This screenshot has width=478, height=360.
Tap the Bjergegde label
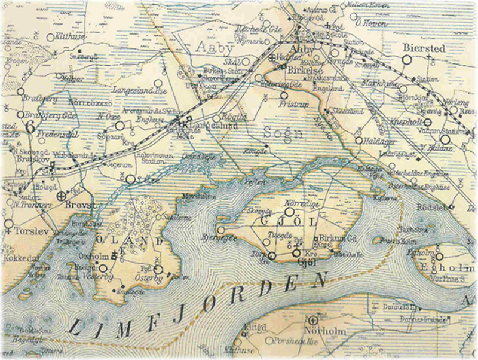click(x=222, y=237)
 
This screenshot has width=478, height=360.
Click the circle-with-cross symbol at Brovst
click(x=60, y=195)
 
